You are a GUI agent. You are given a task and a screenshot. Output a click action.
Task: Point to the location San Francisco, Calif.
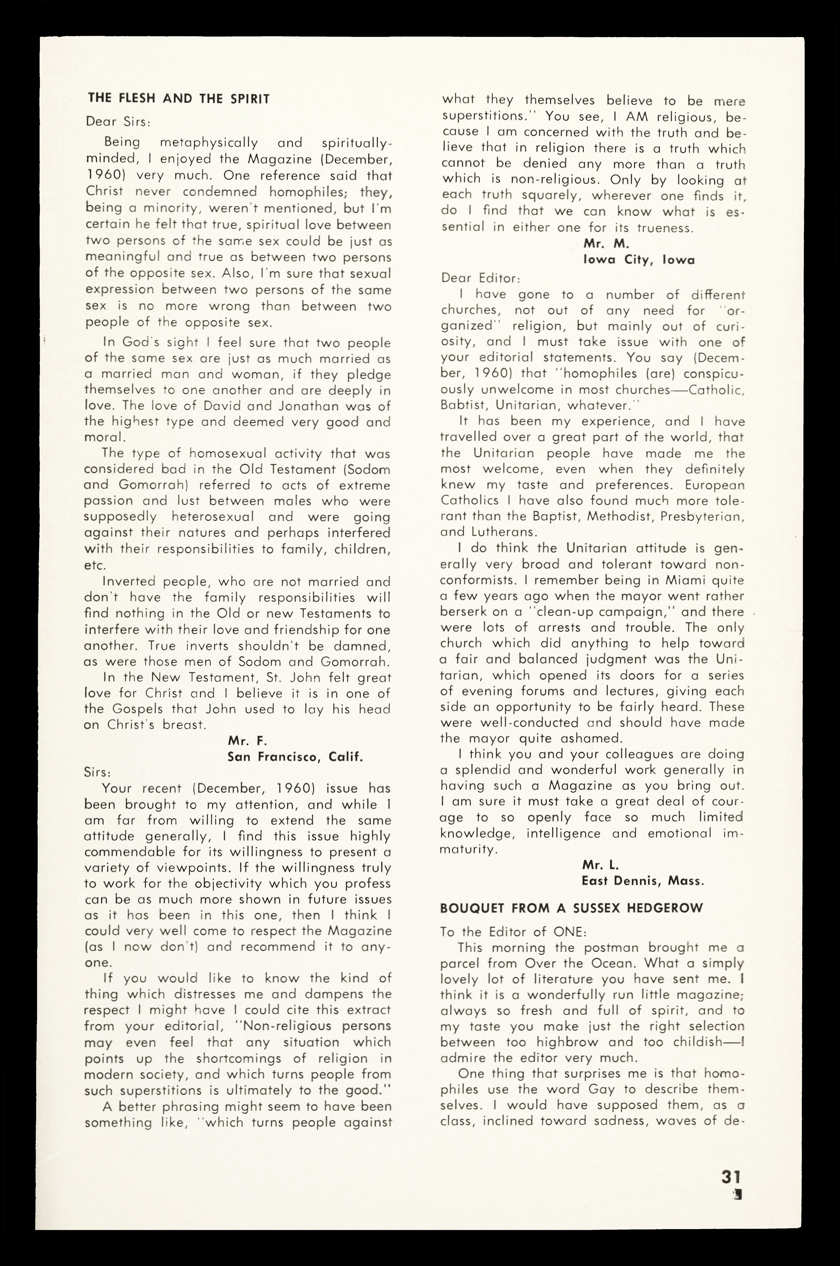coord(296,757)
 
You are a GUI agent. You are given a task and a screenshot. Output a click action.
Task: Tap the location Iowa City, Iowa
coord(639,260)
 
